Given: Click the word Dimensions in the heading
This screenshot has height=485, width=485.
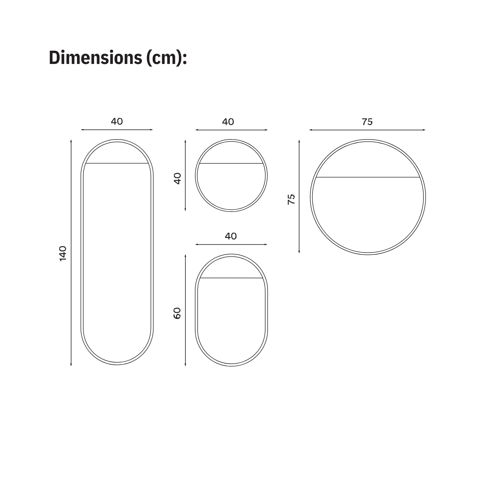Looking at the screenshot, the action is pos(95,57).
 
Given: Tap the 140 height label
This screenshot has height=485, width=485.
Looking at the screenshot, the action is pos(62,253).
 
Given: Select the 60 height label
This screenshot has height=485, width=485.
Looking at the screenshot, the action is pos(177,313).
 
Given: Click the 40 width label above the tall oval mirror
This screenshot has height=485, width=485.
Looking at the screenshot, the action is pos(117,121).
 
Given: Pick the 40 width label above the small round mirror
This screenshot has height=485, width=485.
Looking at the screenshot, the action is pos(228,122).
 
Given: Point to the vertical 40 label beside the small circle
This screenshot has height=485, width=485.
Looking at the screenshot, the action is pos(177,178).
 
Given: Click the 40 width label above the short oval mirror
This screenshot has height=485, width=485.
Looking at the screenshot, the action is pos(231,236).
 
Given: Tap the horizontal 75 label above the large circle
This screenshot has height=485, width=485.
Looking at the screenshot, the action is pos(367,122).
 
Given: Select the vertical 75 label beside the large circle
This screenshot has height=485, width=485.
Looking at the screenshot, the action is pos(291,199).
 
